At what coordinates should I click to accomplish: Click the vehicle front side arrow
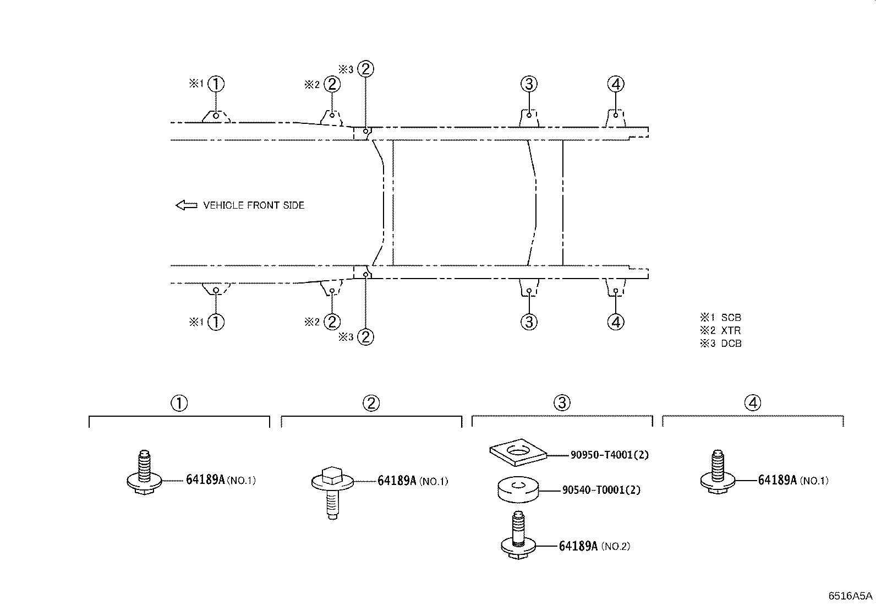click(x=187, y=205)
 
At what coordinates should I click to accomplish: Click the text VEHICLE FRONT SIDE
click(x=254, y=205)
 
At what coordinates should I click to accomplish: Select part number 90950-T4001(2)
click(x=610, y=455)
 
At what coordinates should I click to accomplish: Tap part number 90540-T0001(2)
click(x=601, y=490)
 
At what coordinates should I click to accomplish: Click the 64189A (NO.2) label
click(x=594, y=546)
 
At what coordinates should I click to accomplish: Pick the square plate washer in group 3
click(x=518, y=452)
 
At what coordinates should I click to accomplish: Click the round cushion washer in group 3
click(x=518, y=489)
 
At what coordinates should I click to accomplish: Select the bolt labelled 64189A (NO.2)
click(x=518, y=535)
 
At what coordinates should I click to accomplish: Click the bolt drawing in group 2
click(x=332, y=492)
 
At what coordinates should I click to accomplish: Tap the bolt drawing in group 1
click(x=144, y=472)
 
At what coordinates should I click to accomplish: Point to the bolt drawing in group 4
click(x=718, y=472)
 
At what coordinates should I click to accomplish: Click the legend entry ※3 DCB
click(x=721, y=343)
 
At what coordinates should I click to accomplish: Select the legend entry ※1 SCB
click(x=721, y=318)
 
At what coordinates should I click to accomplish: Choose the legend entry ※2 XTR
click(x=720, y=330)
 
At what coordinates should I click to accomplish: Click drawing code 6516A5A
click(x=850, y=596)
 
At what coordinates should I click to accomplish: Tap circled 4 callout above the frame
click(x=616, y=84)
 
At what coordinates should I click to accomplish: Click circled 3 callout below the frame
click(x=529, y=322)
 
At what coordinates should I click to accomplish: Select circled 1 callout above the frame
click(x=216, y=84)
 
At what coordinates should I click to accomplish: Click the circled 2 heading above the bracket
click(x=371, y=403)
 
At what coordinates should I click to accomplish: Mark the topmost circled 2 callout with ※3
click(x=366, y=69)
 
